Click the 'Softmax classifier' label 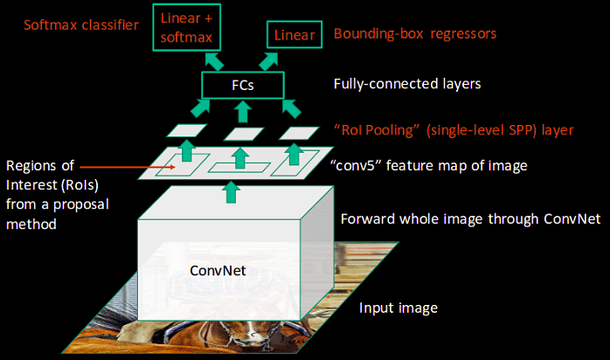pyautogui.click(x=81, y=24)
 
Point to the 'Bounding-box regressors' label pyautogui.click(x=415, y=34)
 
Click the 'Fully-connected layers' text pyautogui.click(x=407, y=84)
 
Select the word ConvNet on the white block pyautogui.click(x=218, y=271)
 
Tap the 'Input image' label pyautogui.click(x=399, y=308)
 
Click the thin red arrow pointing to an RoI pyautogui.click(x=128, y=167)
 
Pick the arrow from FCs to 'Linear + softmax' pyautogui.click(x=214, y=61)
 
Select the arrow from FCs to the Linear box pyautogui.click(x=269, y=61)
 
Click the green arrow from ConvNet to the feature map pyautogui.click(x=232, y=192)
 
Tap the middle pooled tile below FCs pyautogui.click(x=244, y=134)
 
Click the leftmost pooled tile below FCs pyautogui.click(x=187, y=130)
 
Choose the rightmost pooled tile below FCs pyautogui.click(x=299, y=133)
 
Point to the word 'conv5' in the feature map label pyautogui.click(x=355, y=166)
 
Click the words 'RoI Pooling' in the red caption pyautogui.click(x=377, y=130)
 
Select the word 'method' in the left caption pyautogui.click(x=31, y=225)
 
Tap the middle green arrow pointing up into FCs pyautogui.click(x=243, y=112)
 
